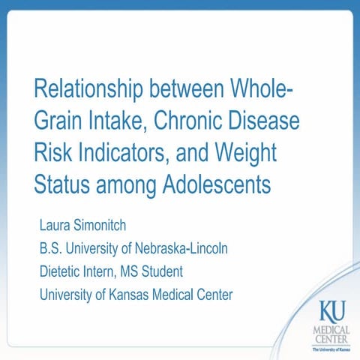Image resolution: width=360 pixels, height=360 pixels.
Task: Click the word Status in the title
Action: (61, 183)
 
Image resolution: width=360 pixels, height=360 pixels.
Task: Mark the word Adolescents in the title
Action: (217, 183)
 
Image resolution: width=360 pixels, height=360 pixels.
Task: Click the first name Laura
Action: (55, 224)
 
